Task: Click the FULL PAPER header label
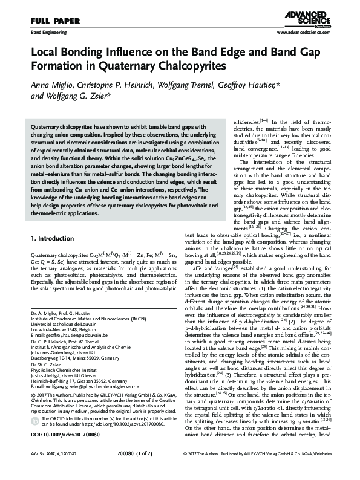[x=41, y=19]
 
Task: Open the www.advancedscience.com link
[x=306, y=30]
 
